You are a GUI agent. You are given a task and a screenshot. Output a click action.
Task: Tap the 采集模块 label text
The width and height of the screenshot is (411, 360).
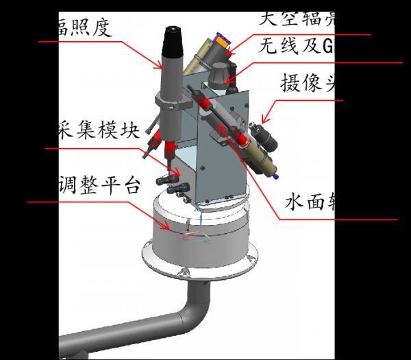point(99,132)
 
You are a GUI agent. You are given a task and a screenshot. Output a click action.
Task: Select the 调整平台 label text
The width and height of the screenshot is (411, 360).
point(99,184)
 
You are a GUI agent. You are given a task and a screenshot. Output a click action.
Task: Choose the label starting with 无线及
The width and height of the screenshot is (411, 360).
point(295,47)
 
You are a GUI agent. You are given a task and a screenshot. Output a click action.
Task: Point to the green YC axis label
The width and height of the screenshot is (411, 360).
point(208,242)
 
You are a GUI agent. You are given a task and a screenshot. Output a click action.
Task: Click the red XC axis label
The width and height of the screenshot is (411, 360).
point(185,239)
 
